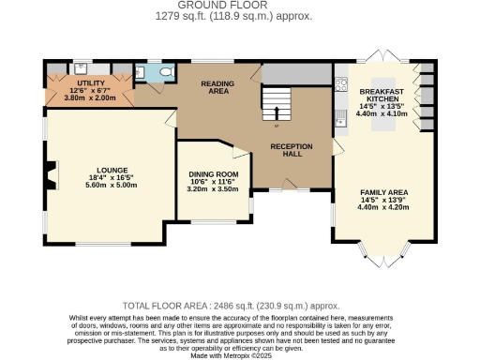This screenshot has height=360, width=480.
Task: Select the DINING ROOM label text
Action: [x=206, y=173]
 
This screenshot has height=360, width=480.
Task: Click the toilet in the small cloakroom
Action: [x=165, y=71]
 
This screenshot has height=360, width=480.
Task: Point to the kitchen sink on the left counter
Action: [x=339, y=119]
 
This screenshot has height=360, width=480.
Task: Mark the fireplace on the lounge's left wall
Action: [x=47, y=172]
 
